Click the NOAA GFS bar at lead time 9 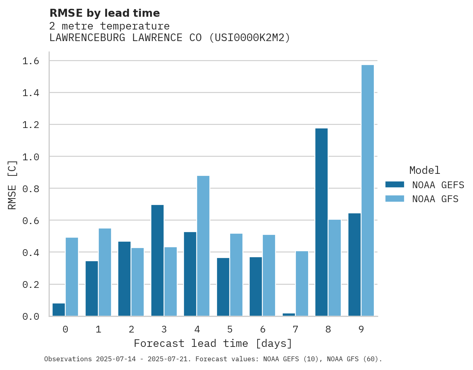coord(367,191)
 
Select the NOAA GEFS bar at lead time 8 coord(321,222)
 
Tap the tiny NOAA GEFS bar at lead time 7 coord(289,315)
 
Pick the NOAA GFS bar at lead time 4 coord(203,246)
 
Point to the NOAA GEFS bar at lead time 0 coord(59,310)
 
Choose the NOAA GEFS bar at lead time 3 coord(157,260)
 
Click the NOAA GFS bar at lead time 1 coord(105,272)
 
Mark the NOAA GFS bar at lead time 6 coord(269,276)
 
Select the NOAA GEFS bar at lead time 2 coord(124,279)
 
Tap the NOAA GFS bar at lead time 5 coord(236,275)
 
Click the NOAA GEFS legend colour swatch coord(395,185)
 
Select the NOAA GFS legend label coord(435,199)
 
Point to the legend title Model coord(424,170)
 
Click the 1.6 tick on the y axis coord(31,61)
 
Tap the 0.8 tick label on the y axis coord(31,189)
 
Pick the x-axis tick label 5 coord(230,329)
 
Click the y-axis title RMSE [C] coord(12,185)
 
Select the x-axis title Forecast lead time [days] coord(213,343)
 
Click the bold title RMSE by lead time coord(104,13)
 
